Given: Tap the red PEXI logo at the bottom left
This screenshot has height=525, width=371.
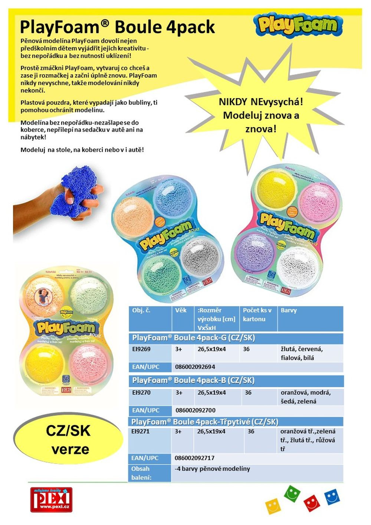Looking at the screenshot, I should [51, 500].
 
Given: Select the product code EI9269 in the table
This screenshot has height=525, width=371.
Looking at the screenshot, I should [141, 349].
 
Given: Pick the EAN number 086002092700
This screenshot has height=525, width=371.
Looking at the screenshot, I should [195, 410].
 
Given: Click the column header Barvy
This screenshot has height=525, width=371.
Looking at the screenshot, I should [289, 310].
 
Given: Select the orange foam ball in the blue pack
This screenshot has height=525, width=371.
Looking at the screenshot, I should [135, 216].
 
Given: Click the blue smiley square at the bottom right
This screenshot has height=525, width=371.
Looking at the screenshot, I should [332, 497].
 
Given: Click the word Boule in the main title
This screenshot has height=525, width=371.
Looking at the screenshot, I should [138, 27].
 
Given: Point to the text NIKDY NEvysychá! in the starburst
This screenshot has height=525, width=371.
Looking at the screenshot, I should [260, 101].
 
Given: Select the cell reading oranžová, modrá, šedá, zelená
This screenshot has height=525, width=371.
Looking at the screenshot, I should [305, 397].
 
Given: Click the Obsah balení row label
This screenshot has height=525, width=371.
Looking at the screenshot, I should [141, 473].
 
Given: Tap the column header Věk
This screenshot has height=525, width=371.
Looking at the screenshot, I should [181, 310].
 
